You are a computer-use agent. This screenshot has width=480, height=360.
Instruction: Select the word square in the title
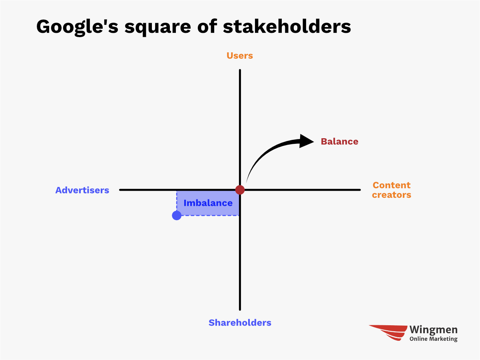pos(157,28)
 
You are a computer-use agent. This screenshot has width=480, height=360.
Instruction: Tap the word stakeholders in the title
pos(287,26)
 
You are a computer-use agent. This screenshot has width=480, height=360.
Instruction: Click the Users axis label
pos(240,56)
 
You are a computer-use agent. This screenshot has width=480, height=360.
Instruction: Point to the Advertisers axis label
pos(82,190)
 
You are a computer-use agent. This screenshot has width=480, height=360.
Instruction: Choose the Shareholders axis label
pos(240,322)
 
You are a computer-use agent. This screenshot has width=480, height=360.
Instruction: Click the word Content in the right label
pos(391,185)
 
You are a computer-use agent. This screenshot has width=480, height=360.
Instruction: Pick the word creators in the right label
pos(391,195)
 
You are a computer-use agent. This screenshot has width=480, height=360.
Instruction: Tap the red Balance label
pos(339,141)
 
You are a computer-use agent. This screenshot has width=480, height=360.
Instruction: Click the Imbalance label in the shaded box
pos(208,203)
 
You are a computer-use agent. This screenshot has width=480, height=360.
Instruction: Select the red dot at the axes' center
pos(240,190)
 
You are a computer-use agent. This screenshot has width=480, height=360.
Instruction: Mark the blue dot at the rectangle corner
pos(177,215)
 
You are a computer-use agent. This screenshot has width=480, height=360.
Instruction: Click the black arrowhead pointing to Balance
pos(306,141)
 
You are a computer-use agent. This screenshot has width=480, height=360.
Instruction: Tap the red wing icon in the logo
pos(388,333)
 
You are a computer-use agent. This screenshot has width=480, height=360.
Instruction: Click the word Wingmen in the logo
pos(433,330)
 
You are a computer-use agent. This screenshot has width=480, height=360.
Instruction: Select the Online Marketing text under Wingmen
pos(433,339)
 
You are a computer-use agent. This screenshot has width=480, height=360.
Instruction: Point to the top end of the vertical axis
pos(240,70)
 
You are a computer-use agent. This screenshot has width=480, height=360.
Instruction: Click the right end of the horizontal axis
pos(360,190)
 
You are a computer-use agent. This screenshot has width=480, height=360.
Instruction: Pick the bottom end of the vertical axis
pos(240,310)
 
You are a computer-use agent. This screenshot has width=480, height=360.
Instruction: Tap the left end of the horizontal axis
pos(120,190)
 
